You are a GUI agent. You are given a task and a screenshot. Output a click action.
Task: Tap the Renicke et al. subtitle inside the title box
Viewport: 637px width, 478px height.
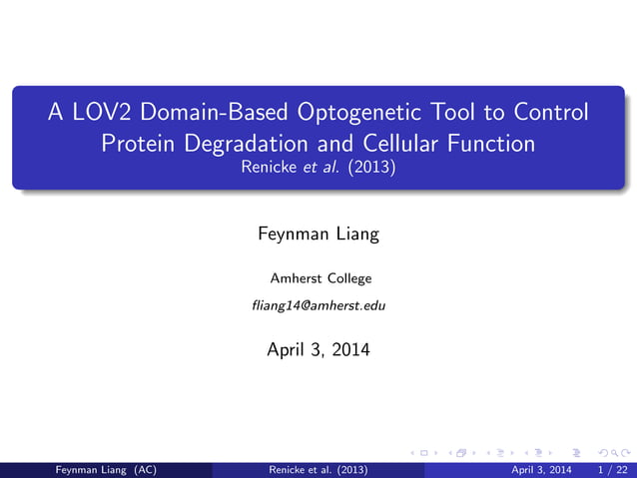point(318,168)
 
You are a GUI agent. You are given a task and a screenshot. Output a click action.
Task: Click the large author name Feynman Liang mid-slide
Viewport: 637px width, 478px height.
point(318,236)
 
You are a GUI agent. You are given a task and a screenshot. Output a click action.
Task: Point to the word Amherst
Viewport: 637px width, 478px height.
point(295,278)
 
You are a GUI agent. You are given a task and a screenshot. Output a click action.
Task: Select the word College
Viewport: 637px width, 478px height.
point(346,278)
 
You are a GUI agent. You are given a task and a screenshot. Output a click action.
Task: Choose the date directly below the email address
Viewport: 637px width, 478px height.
point(318,349)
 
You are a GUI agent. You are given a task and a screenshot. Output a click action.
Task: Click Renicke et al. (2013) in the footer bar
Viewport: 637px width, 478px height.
point(318,469)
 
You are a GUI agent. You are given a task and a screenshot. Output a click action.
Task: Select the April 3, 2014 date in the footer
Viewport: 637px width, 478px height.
point(541,469)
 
